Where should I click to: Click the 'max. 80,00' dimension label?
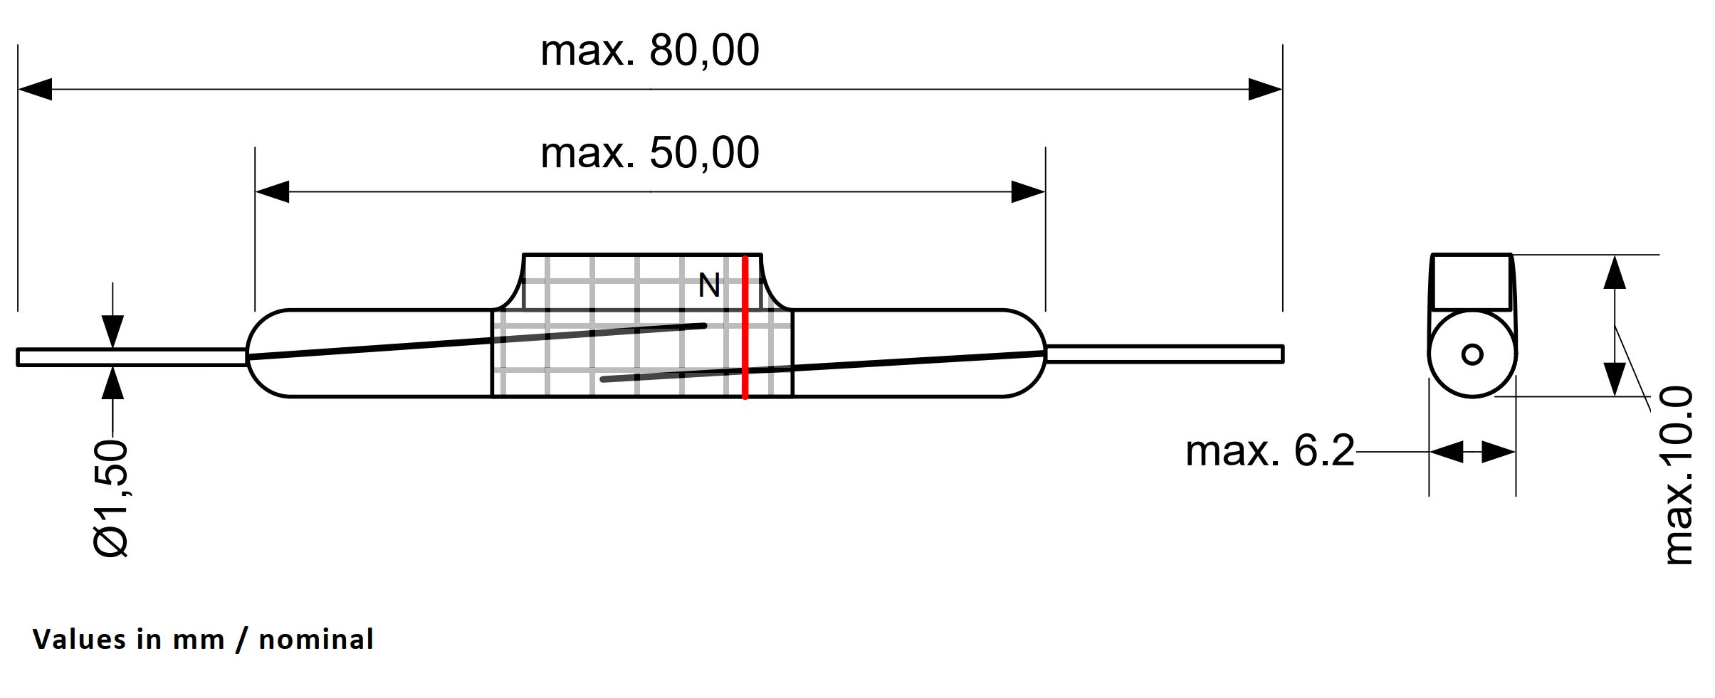[x=649, y=51]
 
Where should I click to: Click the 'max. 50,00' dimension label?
[x=649, y=153]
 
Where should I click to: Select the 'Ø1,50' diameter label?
[x=112, y=498]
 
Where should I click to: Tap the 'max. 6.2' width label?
[x=1269, y=451]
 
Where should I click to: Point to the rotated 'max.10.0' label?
[x=1677, y=475]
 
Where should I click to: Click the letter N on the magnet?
[x=708, y=286]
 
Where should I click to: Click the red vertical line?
[x=745, y=327]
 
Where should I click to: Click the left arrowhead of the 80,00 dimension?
[x=33, y=90]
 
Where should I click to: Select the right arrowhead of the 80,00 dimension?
[x=1266, y=90]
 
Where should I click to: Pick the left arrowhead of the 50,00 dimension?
[x=271, y=191]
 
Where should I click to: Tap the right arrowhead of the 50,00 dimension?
[x=1029, y=191]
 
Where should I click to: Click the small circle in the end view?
[x=1472, y=354]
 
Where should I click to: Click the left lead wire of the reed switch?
[x=132, y=356]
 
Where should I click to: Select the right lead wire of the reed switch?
[x=1165, y=354]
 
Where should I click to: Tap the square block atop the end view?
[x=1472, y=282]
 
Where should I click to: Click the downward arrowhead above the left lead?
[x=112, y=332]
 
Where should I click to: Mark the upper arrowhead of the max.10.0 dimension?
[x=1615, y=272]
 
